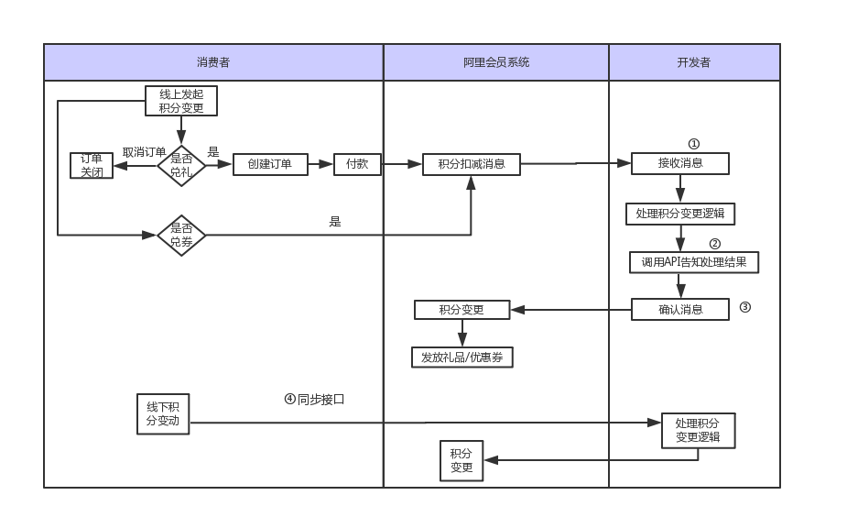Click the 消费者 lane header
tap(213, 62)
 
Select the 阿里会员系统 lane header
tap(495, 62)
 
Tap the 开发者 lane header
tap(694, 62)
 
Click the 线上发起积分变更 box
tap(181, 101)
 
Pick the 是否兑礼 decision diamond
tap(181, 165)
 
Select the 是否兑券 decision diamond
tap(181, 236)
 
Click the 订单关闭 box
tap(92, 165)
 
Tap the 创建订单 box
tap(269, 164)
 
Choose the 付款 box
tap(357, 164)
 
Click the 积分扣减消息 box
tap(472, 164)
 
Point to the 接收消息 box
tap(680, 163)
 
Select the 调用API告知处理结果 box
tap(694, 262)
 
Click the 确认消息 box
tap(680, 309)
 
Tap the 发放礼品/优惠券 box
tap(462, 357)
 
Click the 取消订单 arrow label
tap(144, 152)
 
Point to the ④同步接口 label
tap(314, 400)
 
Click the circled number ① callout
tap(693, 144)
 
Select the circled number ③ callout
tap(744, 307)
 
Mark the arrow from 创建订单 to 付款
tap(320, 164)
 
